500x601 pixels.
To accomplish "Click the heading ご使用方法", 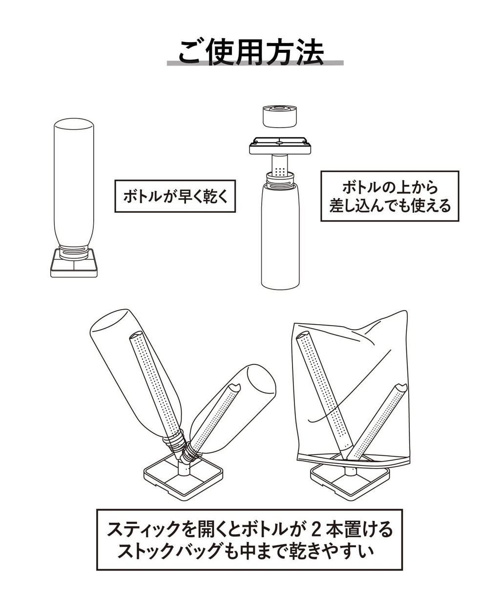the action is (x=251, y=52).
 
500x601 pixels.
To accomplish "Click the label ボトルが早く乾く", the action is (x=175, y=196).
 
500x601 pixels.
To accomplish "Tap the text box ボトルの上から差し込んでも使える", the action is (x=390, y=196).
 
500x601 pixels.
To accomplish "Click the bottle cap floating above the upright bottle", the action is (x=280, y=116).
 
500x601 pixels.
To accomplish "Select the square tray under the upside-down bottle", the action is (x=74, y=263).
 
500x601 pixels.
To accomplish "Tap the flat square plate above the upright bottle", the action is (x=280, y=146).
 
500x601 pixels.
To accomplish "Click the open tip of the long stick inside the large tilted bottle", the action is (x=137, y=335).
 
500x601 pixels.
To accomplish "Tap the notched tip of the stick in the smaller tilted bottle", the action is (x=234, y=388).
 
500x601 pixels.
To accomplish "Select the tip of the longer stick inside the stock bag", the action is (x=304, y=335).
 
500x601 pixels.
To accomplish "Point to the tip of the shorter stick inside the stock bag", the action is (x=400, y=388).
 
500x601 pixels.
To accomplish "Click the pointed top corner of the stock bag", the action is (x=406, y=312).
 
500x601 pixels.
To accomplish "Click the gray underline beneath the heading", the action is (x=255, y=63).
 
